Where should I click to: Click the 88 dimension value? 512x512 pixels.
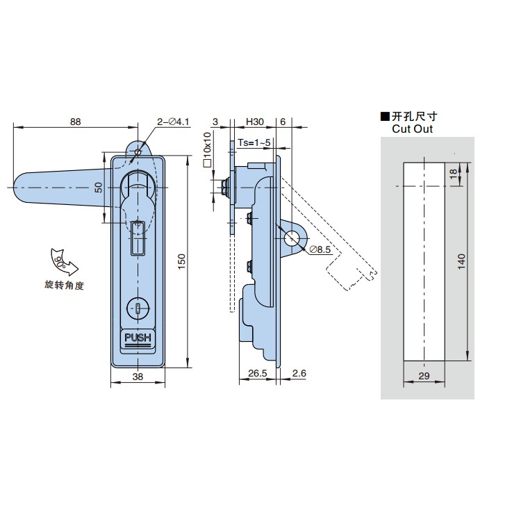[x=75, y=122]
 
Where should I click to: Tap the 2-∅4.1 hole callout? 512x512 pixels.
[x=173, y=122]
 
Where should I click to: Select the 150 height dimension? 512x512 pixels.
[x=181, y=261]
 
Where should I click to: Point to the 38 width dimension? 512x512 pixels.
[x=138, y=377]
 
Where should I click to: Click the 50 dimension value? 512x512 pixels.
[x=98, y=187]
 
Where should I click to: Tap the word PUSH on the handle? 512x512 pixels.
[x=138, y=338]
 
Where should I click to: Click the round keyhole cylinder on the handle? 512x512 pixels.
[x=138, y=308]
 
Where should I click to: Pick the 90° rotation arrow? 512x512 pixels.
[x=64, y=262]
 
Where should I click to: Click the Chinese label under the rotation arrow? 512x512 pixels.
[x=65, y=286]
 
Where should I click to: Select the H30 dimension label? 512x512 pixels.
[x=255, y=122]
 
